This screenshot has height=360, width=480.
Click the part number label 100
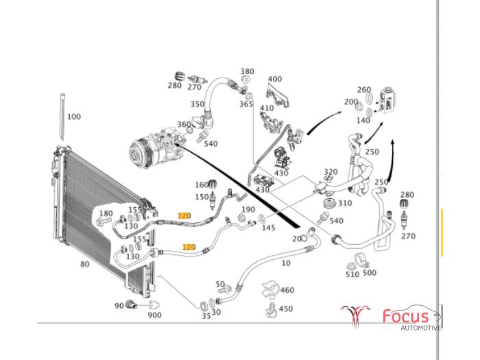[73, 117]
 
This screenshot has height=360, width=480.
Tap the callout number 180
[106, 214]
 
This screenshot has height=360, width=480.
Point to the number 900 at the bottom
[154, 315]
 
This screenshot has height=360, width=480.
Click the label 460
[287, 291]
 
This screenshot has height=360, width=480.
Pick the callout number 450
[285, 309]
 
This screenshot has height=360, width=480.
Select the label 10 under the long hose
[286, 263]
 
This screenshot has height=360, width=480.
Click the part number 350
[197, 104]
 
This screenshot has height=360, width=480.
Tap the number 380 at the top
[247, 71]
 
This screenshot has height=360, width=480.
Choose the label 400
[275, 80]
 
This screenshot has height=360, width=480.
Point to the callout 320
[331, 172]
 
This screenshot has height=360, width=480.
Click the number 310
[345, 203]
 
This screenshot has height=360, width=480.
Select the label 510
[352, 274]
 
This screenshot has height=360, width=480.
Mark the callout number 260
[364, 90]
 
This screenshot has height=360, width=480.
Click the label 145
[268, 228]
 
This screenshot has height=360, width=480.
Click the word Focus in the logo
[405, 316]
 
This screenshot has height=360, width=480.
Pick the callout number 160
[201, 184]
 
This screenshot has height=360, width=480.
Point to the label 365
[245, 104]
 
